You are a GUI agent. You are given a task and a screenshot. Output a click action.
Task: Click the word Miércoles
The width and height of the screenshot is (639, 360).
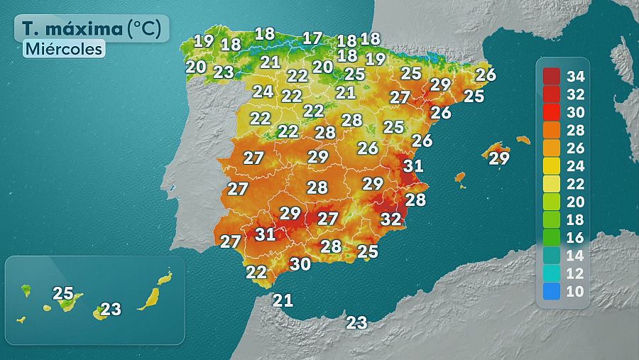click(64, 49)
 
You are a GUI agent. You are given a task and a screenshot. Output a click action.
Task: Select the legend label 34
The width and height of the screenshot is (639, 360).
click(577, 76)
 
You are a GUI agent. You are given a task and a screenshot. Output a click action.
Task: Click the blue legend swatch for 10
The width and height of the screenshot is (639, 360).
click(552, 290)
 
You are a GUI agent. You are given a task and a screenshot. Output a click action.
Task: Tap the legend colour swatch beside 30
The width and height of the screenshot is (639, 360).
click(552, 111)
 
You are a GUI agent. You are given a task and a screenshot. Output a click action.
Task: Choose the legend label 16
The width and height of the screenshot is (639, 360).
click(577, 236)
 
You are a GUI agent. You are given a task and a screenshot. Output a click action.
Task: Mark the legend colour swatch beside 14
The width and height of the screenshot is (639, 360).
click(552, 255)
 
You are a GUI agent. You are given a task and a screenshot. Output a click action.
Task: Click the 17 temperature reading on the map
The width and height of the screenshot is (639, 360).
click(312, 38)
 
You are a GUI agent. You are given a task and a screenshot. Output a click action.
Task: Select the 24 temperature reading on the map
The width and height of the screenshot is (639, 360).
click(263, 92)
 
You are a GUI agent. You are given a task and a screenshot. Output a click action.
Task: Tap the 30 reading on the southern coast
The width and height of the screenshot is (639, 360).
click(300, 264)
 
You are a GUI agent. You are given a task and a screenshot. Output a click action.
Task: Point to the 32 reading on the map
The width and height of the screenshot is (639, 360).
click(390, 219)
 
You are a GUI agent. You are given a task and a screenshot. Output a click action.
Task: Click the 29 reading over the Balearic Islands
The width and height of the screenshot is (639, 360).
click(499, 158)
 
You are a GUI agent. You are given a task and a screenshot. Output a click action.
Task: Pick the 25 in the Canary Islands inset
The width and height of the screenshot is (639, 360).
click(63, 293)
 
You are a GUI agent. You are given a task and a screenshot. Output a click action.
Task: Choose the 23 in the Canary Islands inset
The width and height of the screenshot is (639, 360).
click(111, 309)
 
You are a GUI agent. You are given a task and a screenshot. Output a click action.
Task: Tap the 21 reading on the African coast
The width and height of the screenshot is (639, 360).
click(283, 300)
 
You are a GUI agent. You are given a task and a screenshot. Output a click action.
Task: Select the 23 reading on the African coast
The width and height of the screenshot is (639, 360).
click(356, 323)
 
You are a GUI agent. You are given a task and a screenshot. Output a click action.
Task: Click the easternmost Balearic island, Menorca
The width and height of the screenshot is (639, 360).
click(523, 140)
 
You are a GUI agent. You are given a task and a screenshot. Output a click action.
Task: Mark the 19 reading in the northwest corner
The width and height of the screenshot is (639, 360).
click(204, 41)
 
